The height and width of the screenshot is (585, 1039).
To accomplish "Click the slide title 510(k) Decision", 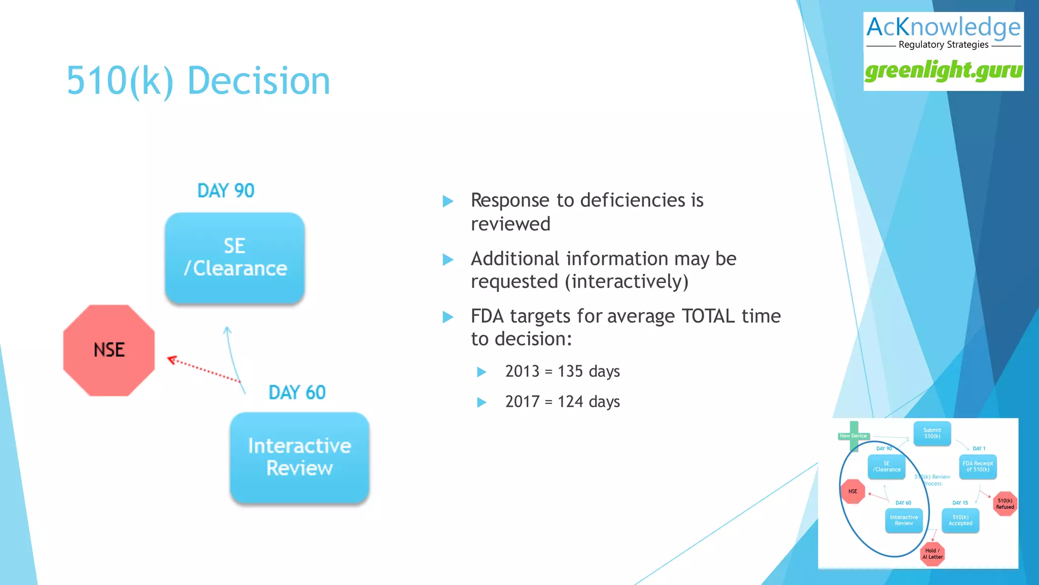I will [x=198, y=81].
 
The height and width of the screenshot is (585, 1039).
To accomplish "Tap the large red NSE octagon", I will [x=109, y=350].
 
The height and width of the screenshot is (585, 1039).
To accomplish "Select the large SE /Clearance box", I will [x=235, y=258].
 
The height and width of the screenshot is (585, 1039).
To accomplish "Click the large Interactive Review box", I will [x=299, y=457].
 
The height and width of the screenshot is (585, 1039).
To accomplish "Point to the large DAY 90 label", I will [x=226, y=191].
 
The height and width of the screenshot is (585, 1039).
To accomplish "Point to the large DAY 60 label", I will [x=297, y=393].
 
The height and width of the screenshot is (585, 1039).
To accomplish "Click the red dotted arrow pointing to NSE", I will [x=203, y=369].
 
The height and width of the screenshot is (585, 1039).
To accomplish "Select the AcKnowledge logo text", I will [x=943, y=27].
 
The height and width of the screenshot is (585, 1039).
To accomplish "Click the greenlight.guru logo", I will [x=943, y=71].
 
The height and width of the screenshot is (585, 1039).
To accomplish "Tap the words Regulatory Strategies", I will [x=943, y=45].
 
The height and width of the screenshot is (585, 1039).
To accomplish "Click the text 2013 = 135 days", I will [x=562, y=371].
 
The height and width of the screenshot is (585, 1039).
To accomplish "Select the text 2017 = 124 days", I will [x=562, y=402].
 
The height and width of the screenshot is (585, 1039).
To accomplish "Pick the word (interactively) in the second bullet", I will [x=627, y=282].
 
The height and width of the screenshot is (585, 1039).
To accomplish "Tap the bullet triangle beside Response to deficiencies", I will [x=447, y=201].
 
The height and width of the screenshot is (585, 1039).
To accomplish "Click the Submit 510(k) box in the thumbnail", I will [x=932, y=433].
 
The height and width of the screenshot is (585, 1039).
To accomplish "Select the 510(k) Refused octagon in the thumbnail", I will [x=1005, y=504].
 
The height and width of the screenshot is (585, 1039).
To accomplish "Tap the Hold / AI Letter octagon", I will [x=932, y=554].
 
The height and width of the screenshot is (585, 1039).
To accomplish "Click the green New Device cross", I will [x=854, y=436].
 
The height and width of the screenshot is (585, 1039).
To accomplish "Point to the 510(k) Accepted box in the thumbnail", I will [x=960, y=520].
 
